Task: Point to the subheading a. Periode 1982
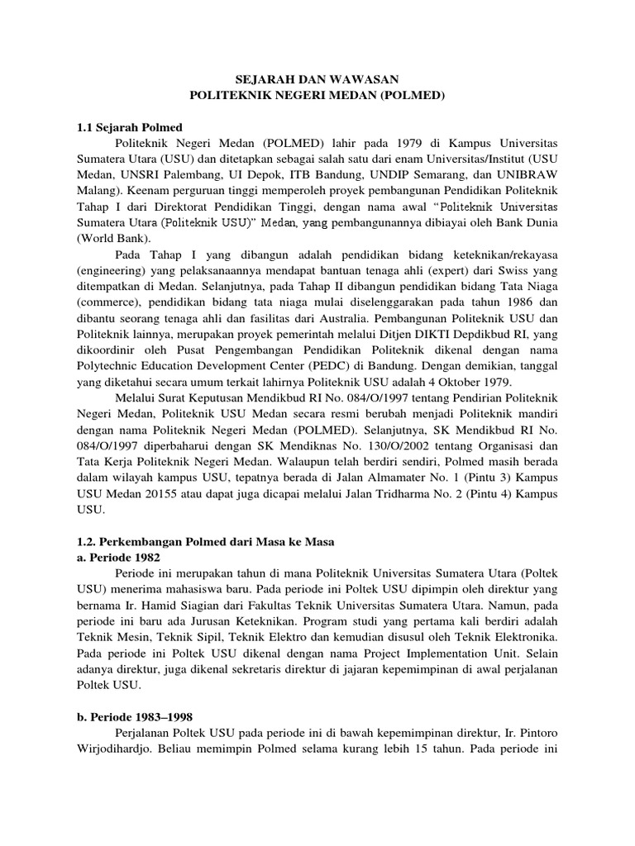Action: [x=115, y=557]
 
